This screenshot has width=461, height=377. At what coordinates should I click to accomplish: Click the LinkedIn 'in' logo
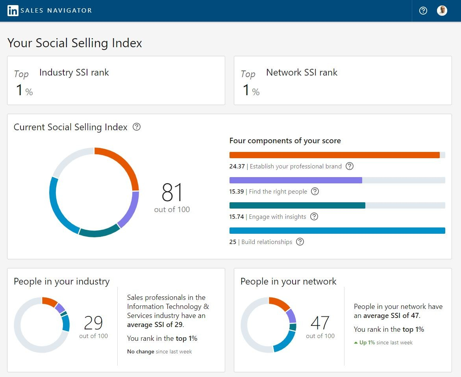click(13, 11)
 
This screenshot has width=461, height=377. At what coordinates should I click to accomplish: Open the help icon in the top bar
click(423, 11)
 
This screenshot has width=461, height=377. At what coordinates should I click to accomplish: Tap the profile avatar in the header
click(442, 11)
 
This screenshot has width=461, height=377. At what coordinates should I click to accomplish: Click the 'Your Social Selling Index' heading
click(75, 43)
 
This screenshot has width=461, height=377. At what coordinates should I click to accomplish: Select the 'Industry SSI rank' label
click(74, 72)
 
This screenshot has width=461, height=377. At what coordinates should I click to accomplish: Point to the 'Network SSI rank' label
click(302, 72)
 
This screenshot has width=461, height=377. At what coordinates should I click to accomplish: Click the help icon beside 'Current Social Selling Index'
click(137, 127)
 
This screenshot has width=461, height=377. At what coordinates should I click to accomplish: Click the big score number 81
click(172, 192)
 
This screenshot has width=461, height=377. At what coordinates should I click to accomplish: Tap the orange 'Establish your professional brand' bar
click(334, 155)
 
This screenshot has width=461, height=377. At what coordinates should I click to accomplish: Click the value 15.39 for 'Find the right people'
click(237, 192)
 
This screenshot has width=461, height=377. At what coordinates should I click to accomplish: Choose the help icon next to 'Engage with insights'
click(314, 216)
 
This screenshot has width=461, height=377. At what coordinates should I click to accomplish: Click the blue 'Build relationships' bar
click(337, 231)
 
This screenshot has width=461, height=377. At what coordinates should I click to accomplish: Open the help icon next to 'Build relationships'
click(300, 242)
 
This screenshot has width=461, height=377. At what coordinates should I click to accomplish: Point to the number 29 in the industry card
click(93, 323)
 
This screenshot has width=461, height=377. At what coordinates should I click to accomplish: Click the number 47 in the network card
click(320, 323)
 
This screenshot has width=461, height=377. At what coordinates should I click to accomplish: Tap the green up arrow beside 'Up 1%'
click(356, 343)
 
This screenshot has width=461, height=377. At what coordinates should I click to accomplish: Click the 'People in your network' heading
click(288, 281)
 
